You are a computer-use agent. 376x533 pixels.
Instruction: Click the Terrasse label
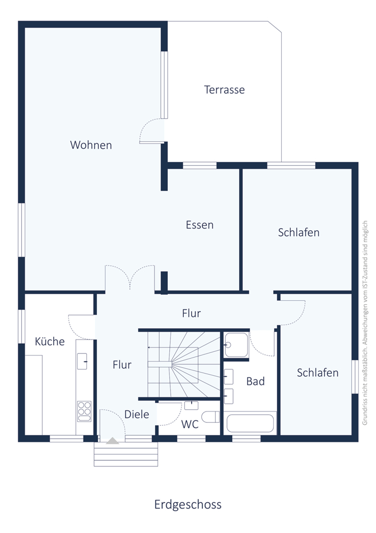coord(224,90)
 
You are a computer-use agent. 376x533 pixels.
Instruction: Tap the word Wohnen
coord(91,145)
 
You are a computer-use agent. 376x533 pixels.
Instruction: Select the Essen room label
coord(199,225)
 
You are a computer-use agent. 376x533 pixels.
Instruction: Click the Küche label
coord(50,341)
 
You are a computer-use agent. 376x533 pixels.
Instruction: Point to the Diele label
coord(136,414)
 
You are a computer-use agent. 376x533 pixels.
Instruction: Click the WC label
coord(190,424)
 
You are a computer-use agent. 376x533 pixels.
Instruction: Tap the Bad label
coord(256,382)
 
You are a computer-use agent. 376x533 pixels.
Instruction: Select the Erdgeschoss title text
coord(188,504)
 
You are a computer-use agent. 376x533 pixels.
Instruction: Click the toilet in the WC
coord(210,417)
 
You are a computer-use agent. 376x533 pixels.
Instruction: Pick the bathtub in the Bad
coord(250,423)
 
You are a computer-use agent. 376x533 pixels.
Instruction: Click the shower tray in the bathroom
coord(236,345)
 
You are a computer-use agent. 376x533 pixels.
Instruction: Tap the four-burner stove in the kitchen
coord(84,411)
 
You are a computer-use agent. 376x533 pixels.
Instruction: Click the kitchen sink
coord(82,361)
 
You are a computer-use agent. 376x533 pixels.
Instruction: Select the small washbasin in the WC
coord(191,405)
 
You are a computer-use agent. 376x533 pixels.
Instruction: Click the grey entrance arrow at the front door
coord(112,441)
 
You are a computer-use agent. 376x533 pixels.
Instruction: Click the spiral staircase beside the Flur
coord(184,365)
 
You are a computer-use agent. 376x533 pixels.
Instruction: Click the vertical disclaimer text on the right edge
coord(365,322)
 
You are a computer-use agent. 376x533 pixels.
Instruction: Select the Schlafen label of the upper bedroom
coord(299,232)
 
